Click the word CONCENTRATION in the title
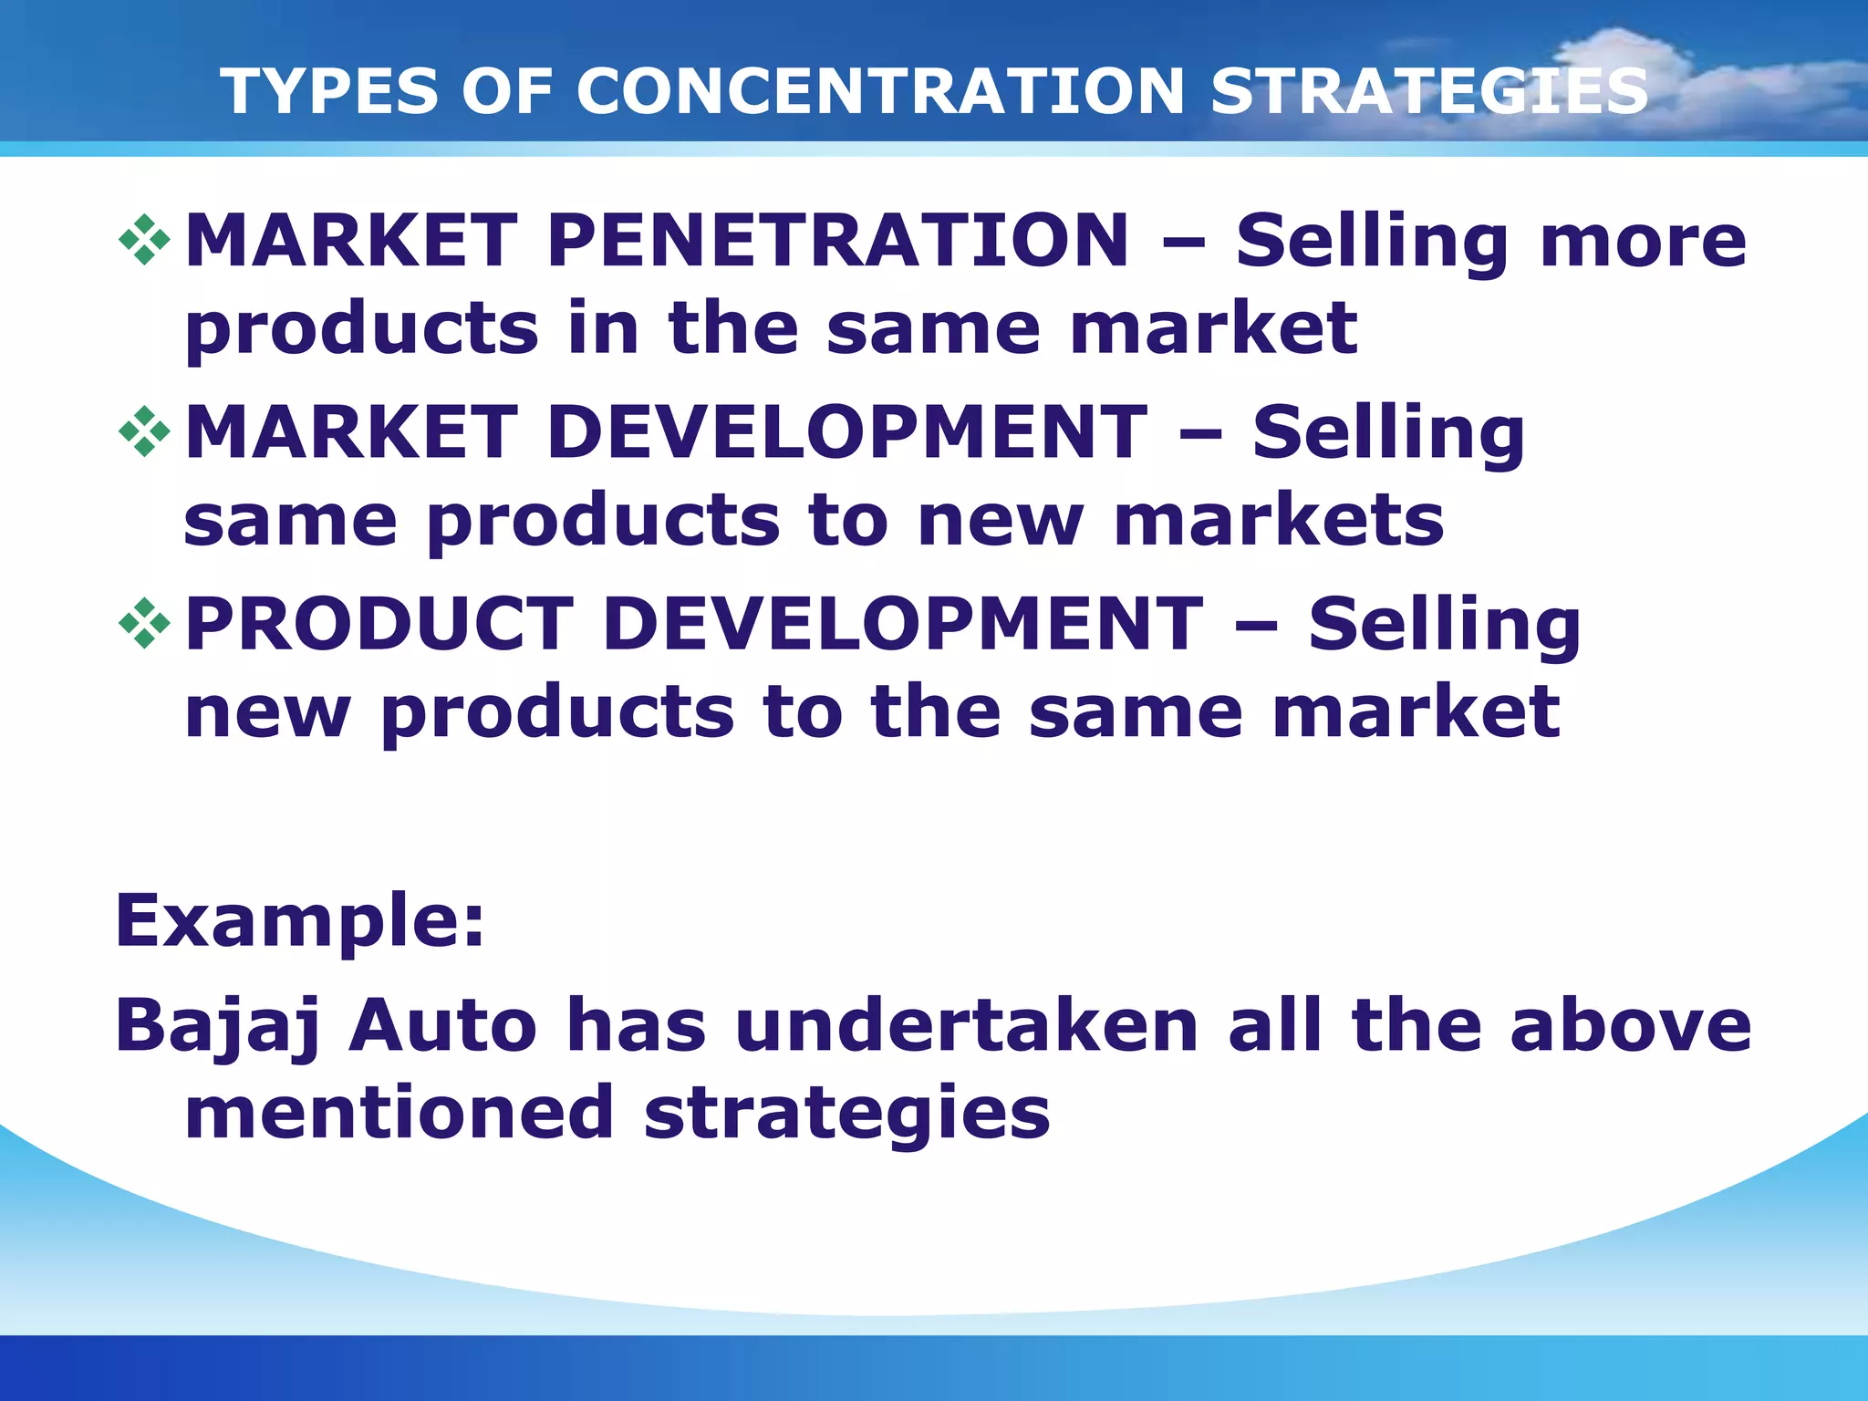pos(879,91)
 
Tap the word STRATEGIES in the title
pos(1429,91)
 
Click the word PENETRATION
pos(837,240)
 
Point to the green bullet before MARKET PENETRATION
pos(144,241)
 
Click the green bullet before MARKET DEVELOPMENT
pos(144,432)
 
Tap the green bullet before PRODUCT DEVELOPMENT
pos(144,624)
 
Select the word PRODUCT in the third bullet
pos(379,624)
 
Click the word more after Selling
pos(1642,242)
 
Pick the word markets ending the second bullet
pos(1279,520)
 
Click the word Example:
pos(299,921)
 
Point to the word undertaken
pos(966,1026)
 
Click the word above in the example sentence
pos(1630,1026)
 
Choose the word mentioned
pos(400,1113)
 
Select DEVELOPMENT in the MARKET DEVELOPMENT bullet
pos(846,432)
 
